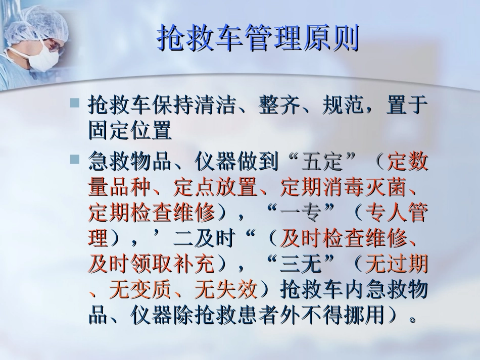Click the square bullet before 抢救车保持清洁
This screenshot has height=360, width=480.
tap(75, 102)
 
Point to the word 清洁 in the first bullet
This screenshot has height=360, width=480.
tap(216, 106)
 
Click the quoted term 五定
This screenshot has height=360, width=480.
tap(322, 162)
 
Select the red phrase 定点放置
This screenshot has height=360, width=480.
tap(216, 187)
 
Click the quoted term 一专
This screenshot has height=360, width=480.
tap(301, 213)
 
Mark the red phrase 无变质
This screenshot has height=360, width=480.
tap(141, 289)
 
